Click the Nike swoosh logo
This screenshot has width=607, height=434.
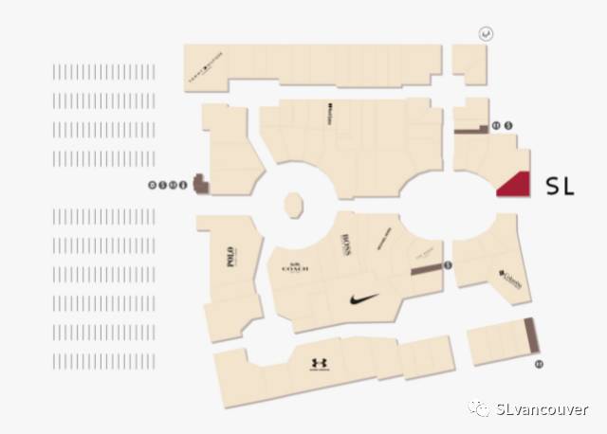[x=363, y=298]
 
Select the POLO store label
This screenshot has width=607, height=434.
[x=230, y=255]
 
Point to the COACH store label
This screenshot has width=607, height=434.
[x=295, y=268]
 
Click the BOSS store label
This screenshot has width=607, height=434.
[x=345, y=244]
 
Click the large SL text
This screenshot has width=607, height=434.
[x=561, y=187]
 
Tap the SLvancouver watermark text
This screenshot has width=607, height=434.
[x=542, y=409]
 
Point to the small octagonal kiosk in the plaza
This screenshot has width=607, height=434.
[x=293, y=205]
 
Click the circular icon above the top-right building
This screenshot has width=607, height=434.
[x=486, y=33]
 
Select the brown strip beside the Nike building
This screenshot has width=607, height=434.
[x=426, y=270]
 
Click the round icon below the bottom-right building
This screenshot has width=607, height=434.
[x=539, y=363]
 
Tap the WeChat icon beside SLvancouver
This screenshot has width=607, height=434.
[x=475, y=409]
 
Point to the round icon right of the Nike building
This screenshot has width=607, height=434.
[x=449, y=266]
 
